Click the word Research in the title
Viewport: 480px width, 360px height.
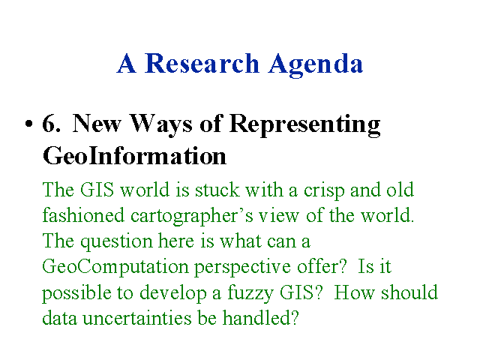[x=202, y=63]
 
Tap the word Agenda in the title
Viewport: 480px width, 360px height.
[x=316, y=65]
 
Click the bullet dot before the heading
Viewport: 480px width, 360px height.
[x=28, y=124]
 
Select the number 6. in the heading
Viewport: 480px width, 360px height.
[x=52, y=123]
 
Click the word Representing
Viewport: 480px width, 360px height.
[x=305, y=125]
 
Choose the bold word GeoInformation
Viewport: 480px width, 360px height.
[x=134, y=155]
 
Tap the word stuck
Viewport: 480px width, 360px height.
[x=217, y=190]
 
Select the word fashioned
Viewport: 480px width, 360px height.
[x=83, y=215]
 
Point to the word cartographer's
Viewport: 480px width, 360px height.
[x=192, y=217]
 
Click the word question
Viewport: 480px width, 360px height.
[x=116, y=242]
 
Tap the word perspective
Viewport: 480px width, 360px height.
[x=242, y=268]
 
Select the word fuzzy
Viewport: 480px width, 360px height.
[x=250, y=293]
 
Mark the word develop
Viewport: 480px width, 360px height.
[x=173, y=293]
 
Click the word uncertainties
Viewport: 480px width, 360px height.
[x=136, y=318]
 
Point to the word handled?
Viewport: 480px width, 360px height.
[x=260, y=317]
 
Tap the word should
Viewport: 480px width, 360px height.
[x=409, y=292]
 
